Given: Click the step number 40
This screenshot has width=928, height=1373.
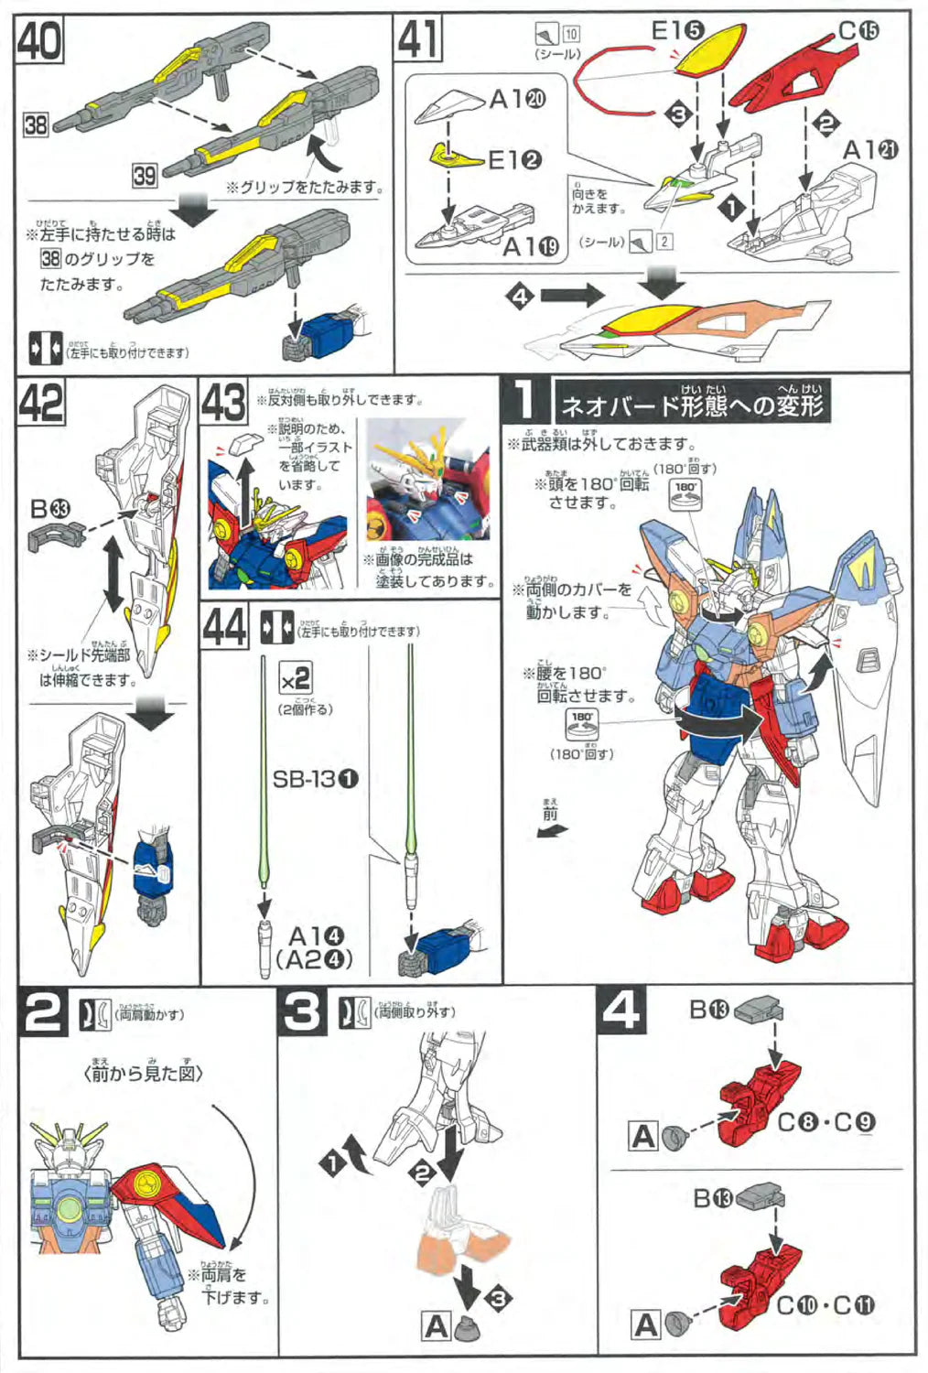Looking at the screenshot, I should [38, 40].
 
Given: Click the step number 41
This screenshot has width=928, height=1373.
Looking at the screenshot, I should [418, 40].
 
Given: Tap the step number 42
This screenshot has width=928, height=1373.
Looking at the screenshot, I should [41, 403].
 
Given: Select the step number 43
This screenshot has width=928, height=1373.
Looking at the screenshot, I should [223, 403].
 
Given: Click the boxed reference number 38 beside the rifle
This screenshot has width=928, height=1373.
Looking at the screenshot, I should [35, 124].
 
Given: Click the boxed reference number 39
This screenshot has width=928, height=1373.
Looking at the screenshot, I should [144, 175].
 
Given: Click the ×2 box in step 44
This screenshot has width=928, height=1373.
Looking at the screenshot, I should [295, 679].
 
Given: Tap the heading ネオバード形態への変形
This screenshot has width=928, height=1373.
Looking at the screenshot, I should [692, 404].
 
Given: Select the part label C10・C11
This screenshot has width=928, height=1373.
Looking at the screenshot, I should [825, 1305].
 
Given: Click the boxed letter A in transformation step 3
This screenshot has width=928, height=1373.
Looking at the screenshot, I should [436, 1325].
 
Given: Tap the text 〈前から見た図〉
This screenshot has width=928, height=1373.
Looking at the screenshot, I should [143, 1073].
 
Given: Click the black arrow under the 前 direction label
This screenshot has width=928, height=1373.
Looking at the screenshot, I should [552, 831].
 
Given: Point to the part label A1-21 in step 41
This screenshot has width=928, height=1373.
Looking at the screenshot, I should [870, 149].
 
